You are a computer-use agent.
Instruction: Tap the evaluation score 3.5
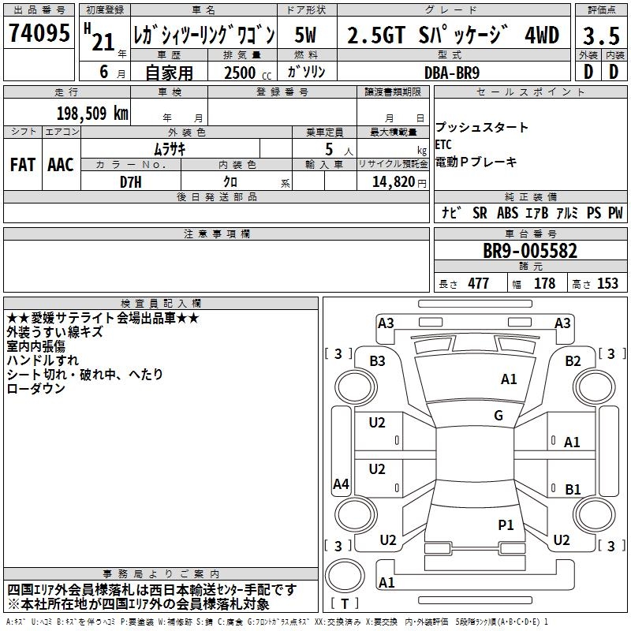[x=599, y=35]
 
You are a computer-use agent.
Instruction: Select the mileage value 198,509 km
[x=91, y=113]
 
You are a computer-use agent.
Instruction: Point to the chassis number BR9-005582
[x=530, y=252]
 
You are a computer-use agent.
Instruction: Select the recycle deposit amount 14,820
[x=391, y=181]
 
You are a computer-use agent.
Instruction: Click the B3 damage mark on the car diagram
[x=377, y=360]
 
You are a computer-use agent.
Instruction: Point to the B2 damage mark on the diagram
[x=573, y=360]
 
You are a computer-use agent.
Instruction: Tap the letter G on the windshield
[x=498, y=416]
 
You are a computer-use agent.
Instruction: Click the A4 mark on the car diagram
[x=341, y=484]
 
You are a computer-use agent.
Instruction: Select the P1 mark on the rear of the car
[x=506, y=525]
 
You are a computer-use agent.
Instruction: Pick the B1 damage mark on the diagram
[x=573, y=490]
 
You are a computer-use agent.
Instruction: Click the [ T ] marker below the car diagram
[x=345, y=604]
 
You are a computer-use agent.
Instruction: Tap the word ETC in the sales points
[x=443, y=144]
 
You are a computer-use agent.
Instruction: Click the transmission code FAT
[x=22, y=164]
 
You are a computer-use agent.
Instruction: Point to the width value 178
[x=544, y=284]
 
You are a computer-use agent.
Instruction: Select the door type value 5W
[x=306, y=35]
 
